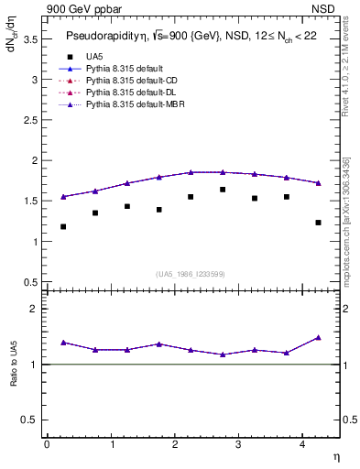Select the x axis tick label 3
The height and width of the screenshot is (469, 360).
[x=238, y=443]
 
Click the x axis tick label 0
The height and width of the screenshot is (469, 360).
[x=47, y=443]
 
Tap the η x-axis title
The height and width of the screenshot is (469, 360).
[x=335, y=456]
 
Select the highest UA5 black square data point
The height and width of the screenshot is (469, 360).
[x=223, y=190]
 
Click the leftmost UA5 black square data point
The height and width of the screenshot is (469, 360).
[x=63, y=226]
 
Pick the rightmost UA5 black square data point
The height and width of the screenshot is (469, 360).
[x=318, y=223]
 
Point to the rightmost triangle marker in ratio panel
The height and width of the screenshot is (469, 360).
[x=318, y=337]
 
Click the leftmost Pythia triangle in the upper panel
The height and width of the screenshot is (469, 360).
[x=63, y=196]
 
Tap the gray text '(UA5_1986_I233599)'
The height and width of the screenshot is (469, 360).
[x=191, y=274]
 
